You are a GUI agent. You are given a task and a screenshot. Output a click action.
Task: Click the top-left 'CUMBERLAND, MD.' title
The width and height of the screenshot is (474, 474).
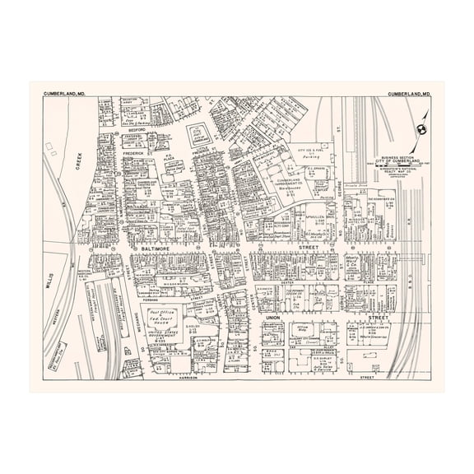coord(65,95)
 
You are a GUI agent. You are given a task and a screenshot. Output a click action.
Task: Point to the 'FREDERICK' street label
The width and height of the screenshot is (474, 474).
coord(133,153)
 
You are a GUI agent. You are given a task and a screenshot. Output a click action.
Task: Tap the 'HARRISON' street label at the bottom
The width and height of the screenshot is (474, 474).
coord(193,379)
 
